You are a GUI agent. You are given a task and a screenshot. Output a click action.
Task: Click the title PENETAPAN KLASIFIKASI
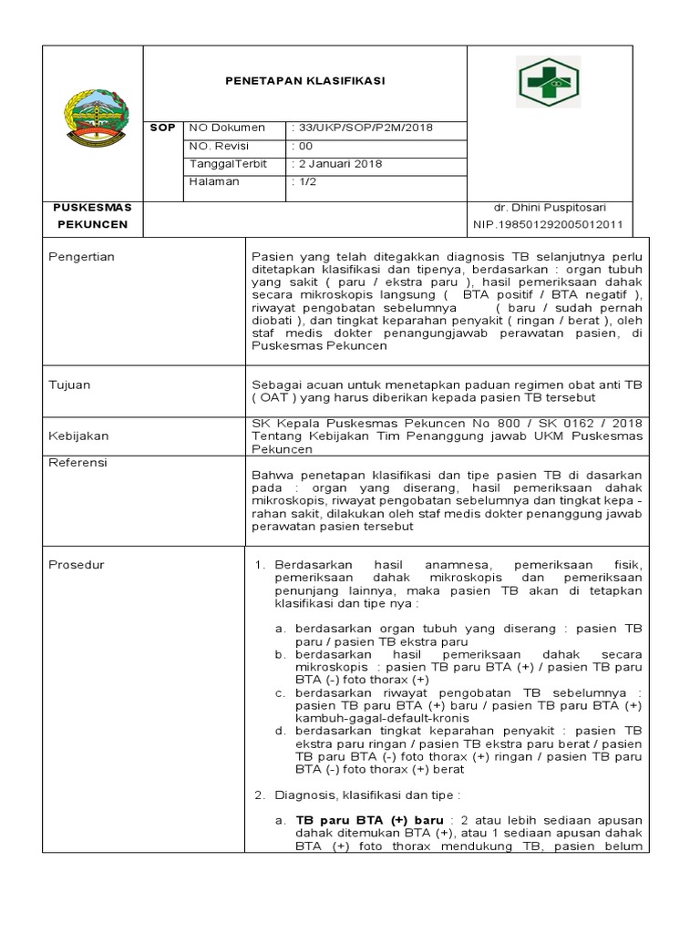304,81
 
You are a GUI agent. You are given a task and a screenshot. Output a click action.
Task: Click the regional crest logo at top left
93,118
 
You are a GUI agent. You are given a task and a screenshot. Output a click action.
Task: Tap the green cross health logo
549,83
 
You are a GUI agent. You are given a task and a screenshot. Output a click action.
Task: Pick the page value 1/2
304,181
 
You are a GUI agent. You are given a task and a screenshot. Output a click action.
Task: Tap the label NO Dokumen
226,128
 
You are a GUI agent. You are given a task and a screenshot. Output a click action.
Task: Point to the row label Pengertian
81,257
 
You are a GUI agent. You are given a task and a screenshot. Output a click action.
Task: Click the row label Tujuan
69,385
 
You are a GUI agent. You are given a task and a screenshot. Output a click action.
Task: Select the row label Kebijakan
76,436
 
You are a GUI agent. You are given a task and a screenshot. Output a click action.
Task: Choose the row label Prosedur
76,565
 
